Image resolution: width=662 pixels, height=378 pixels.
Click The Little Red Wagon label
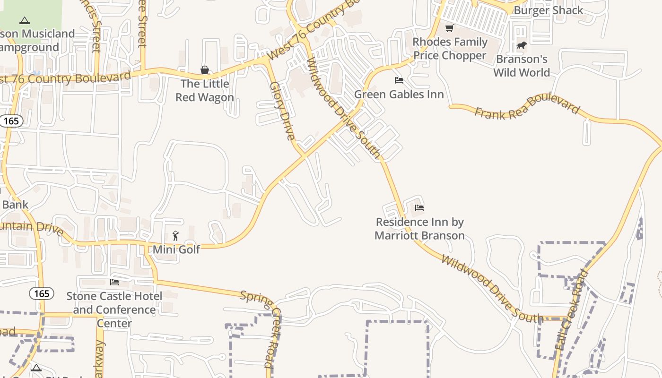[x=205, y=91]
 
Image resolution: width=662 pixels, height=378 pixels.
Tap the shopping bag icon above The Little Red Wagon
[x=205, y=70]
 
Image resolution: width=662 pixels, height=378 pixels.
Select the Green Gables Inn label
[x=399, y=94]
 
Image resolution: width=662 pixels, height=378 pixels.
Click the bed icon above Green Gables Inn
[x=399, y=80]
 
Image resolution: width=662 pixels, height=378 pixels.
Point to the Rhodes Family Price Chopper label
[x=450, y=49]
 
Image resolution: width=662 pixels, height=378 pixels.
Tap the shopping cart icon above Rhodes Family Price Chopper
[x=450, y=28]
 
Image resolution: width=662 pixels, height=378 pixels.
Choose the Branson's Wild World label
[x=522, y=66]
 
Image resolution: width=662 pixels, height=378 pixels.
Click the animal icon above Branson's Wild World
[x=522, y=45]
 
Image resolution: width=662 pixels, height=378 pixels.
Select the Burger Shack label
[x=548, y=10]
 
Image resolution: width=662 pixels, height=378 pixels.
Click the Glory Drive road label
[x=282, y=112]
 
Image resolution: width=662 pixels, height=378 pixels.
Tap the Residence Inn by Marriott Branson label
[x=420, y=229]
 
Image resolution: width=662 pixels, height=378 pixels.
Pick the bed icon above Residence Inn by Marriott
[x=419, y=207]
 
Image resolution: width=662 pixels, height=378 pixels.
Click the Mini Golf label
[x=176, y=249]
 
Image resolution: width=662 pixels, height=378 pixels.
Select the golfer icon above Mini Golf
[x=176, y=235]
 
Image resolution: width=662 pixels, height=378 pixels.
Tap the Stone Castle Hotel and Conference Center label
[x=114, y=309]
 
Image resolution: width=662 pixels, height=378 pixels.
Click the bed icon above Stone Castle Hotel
[x=114, y=282]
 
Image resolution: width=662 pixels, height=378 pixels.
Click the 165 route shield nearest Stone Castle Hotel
[x=42, y=293]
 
